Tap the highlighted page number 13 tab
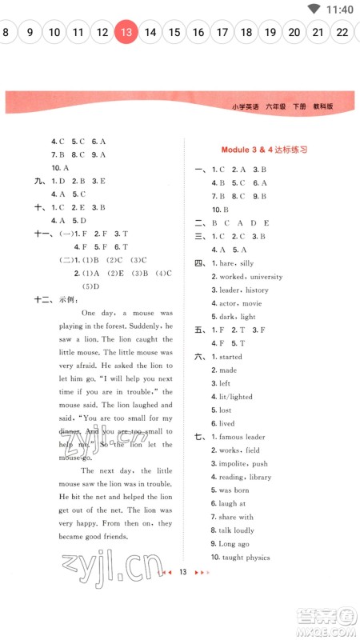pyautogui.click(x=126, y=33)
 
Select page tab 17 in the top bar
pyautogui.click(x=222, y=33)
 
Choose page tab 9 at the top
pyautogui.click(x=30, y=33)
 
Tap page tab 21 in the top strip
pyautogui.click(x=318, y=33)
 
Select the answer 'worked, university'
pyautogui.click(x=250, y=277)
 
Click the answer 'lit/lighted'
pyautogui.click(x=236, y=397)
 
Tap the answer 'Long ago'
pyautogui.click(x=235, y=544)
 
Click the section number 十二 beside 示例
pyautogui.click(x=42, y=299)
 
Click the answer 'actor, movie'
pyautogui.click(x=240, y=303)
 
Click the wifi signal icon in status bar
pyautogui.click(x=314, y=10)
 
